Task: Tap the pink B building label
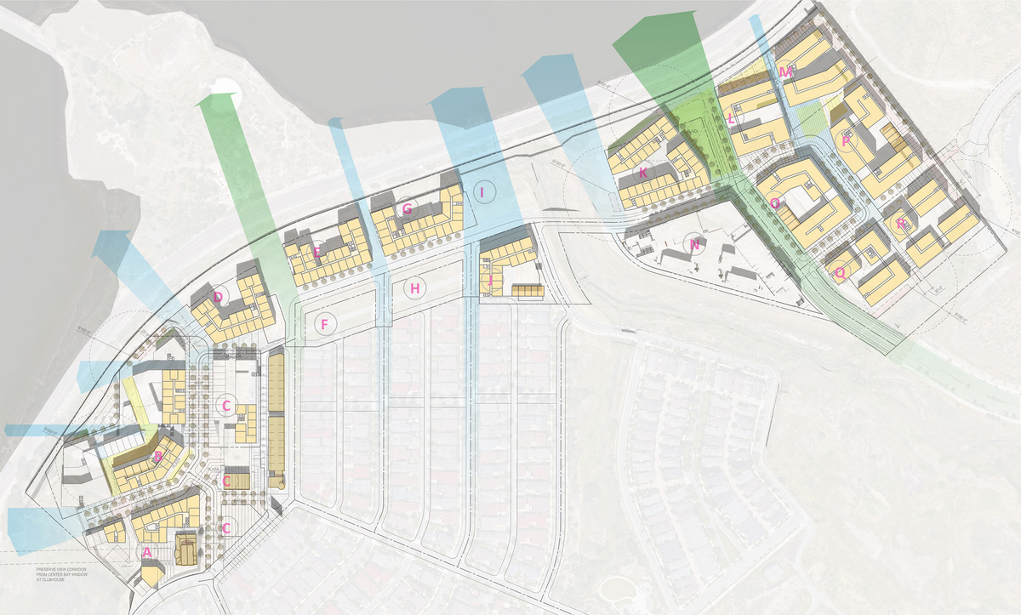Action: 157,457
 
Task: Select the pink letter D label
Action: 219,297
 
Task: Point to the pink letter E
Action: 317,251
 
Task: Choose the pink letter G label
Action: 407,208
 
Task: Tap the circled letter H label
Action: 415,289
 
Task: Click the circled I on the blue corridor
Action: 482,193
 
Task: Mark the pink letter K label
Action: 643,173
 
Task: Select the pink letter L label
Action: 732,120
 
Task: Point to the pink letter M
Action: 784,73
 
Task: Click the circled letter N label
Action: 695,245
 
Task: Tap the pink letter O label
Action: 775,203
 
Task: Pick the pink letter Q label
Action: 840,273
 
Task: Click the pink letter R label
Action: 901,225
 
